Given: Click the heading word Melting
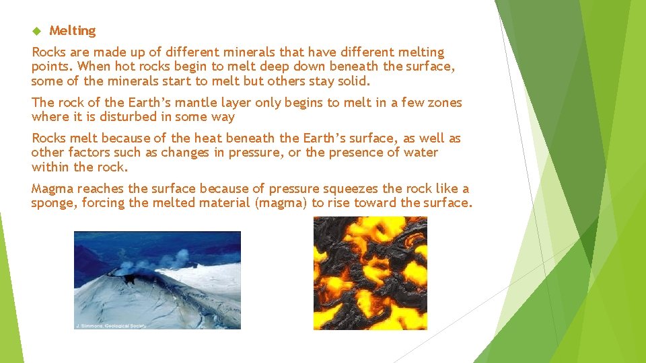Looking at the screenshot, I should pyautogui.click(x=73, y=31).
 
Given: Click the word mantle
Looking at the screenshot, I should pyautogui.click(x=205, y=102).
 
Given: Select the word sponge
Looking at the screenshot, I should pyautogui.click(x=54, y=202).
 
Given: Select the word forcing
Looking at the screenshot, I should pyautogui.click(x=103, y=202).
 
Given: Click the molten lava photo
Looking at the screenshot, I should pyautogui.click(x=370, y=273).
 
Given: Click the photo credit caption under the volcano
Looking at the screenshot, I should pyautogui.click(x=111, y=325).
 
